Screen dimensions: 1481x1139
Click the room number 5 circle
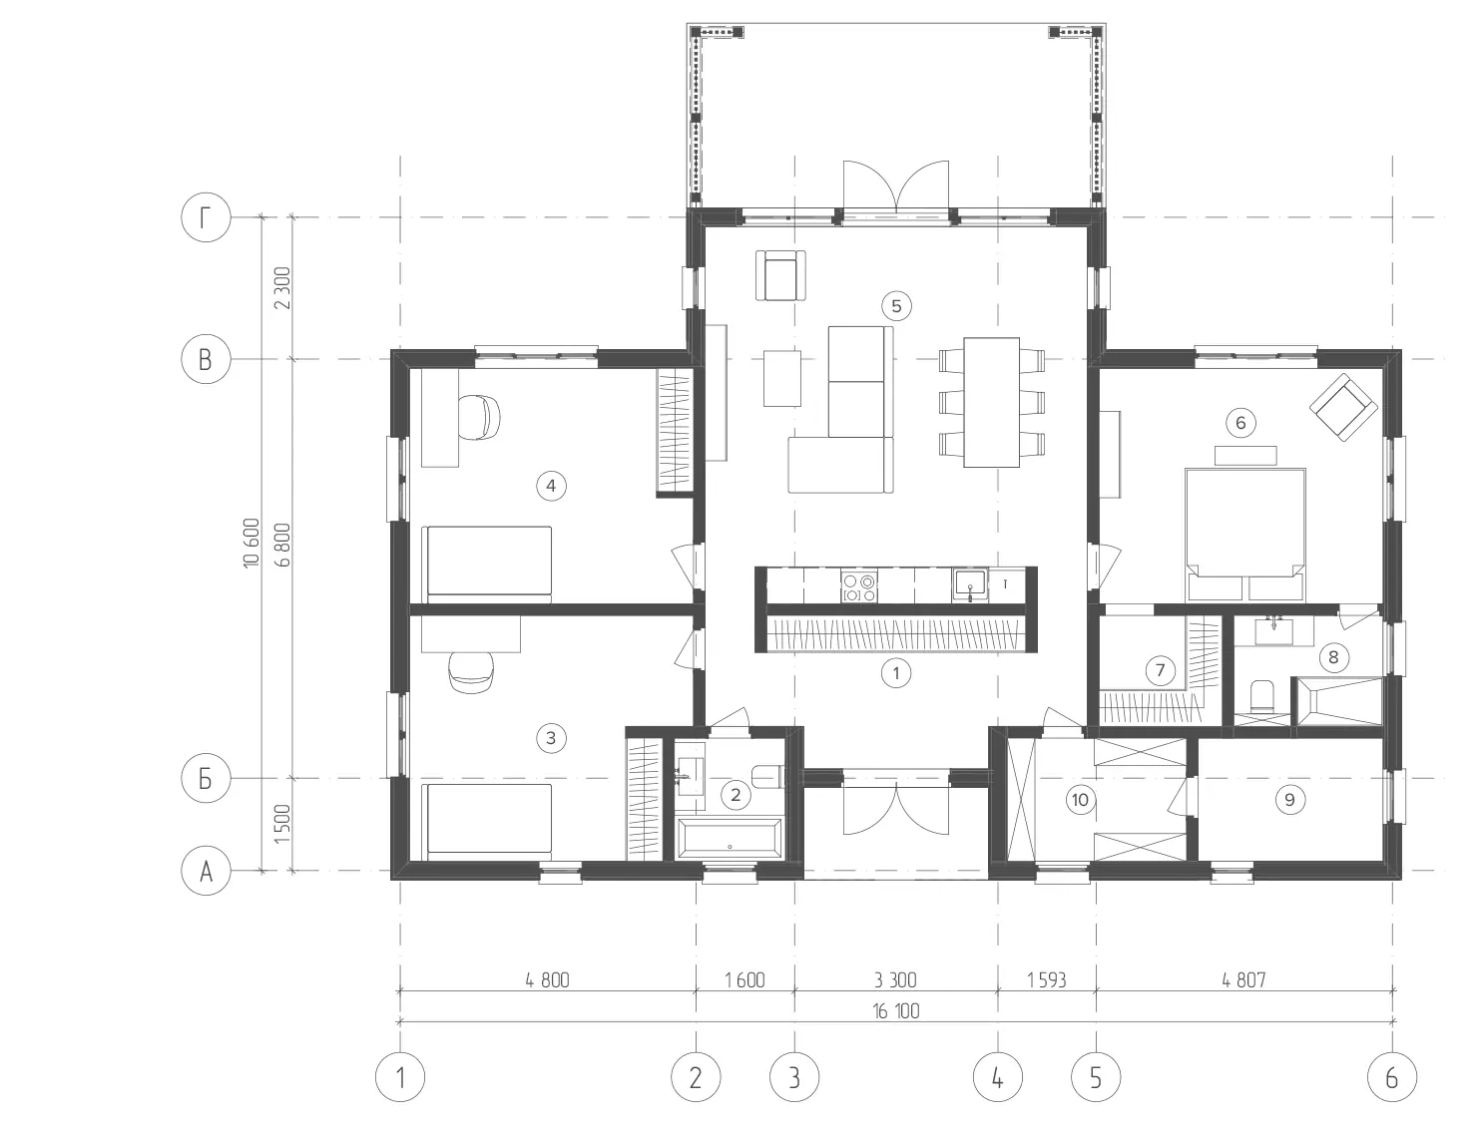click(x=896, y=305)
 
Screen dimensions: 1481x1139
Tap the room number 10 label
click(x=1080, y=799)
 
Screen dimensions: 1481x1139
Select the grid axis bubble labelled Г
click(x=206, y=217)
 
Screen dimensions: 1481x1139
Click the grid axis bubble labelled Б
click(x=206, y=778)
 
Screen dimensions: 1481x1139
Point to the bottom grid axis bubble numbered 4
click(x=998, y=1077)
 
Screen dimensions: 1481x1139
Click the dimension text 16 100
click(x=896, y=1011)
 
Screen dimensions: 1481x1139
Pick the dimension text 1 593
click(x=1047, y=980)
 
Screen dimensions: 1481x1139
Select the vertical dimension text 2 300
click(x=282, y=287)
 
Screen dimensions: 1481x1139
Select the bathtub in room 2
click(x=730, y=839)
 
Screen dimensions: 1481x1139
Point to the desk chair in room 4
click(x=479, y=416)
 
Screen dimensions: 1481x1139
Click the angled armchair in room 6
click(x=1343, y=407)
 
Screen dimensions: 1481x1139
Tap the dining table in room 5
click(x=992, y=402)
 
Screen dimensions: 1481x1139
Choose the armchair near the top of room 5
click(x=780, y=275)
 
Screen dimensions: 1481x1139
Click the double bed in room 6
click(x=1245, y=535)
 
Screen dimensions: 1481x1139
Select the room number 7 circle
click(x=1160, y=670)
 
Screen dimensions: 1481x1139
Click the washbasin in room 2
click(x=691, y=777)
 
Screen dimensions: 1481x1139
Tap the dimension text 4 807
click(x=1243, y=980)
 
